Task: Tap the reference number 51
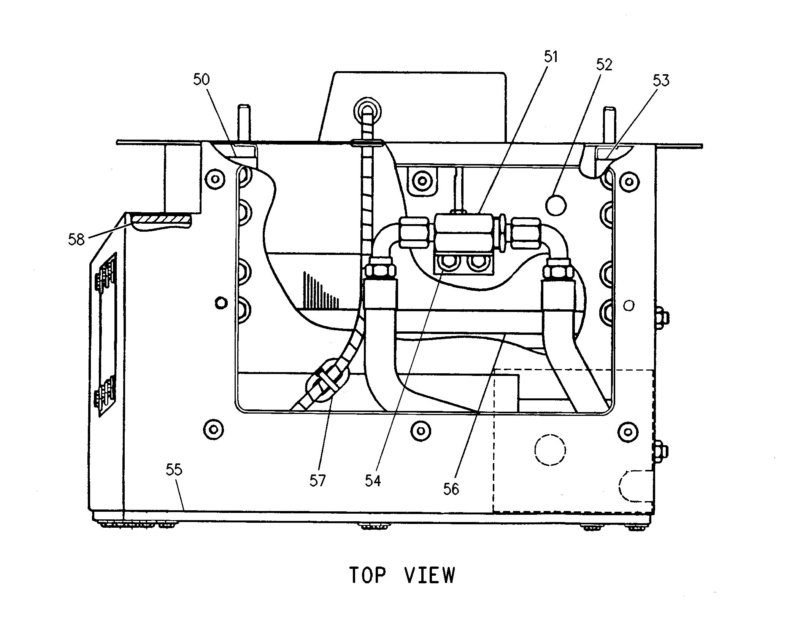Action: (x=550, y=57)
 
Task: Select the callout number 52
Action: (x=604, y=65)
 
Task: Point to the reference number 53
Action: (x=661, y=80)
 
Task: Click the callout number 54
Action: (x=373, y=481)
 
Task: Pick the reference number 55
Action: (x=174, y=470)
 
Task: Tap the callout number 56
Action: (x=451, y=489)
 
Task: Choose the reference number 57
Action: (x=317, y=481)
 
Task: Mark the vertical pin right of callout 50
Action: (x=243, y=124)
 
